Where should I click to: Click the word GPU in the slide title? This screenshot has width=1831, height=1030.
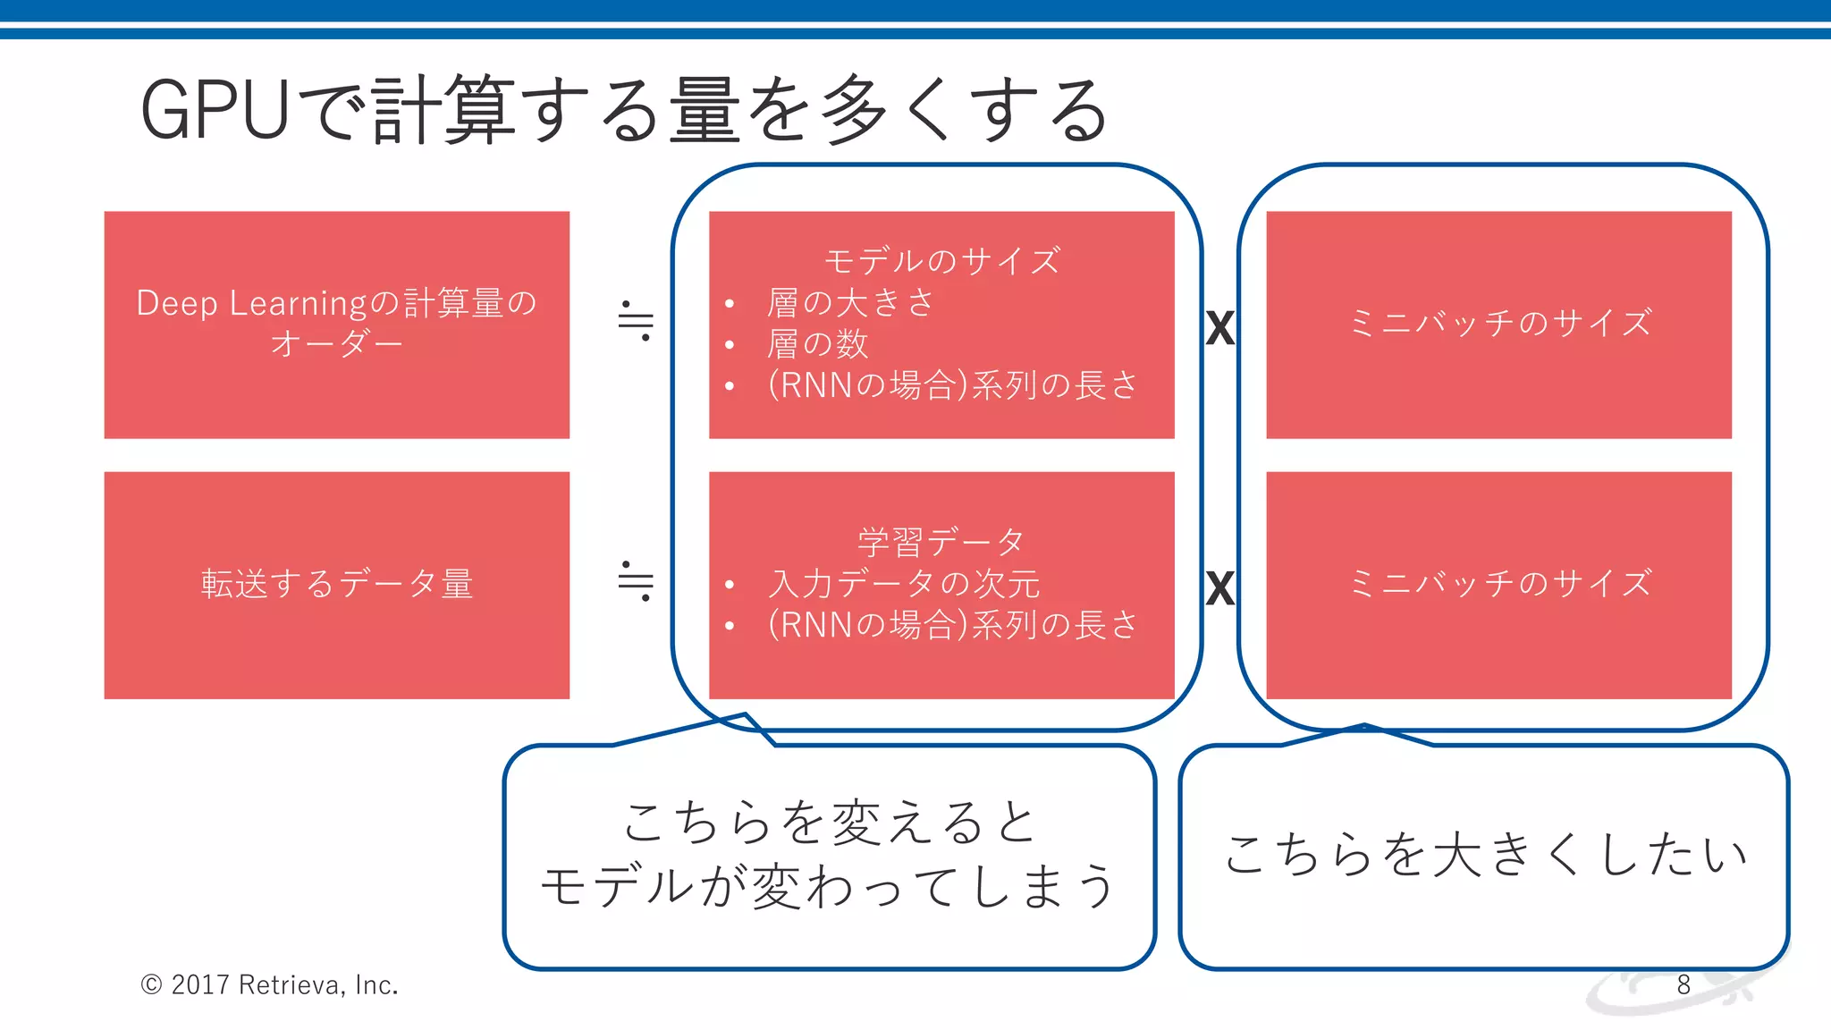[x=215, y=111]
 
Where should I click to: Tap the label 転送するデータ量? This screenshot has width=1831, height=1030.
[x=337, y=584]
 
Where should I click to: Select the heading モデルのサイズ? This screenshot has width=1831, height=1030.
[x=941, y=261]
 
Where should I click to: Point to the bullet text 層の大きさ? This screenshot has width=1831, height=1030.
[x=850, y=303]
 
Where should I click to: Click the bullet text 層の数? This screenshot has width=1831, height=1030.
[x=817, y=344]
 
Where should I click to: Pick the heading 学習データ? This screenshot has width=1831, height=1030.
[x=941, y=542]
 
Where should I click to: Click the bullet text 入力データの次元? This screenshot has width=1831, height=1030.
[x=904, y=584]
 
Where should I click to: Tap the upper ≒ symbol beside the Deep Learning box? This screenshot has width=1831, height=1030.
[x=636, y=321]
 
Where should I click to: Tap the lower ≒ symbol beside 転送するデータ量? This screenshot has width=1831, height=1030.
[x=636, y=581]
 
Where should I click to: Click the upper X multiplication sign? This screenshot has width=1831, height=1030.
[x=1220, y=328]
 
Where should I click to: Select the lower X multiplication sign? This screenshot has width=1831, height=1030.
[x=1220, y=588]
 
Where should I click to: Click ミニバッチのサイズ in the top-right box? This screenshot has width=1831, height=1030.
[x=1499, y=323]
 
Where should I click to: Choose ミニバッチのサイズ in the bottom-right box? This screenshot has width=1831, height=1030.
[x=1499, y=584]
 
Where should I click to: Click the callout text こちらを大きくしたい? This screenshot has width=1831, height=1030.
[x=1485, y=854]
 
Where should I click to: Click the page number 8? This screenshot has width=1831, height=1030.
[x=1683, y=984]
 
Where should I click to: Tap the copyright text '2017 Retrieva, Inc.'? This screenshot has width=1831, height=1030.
[x=284, y=984]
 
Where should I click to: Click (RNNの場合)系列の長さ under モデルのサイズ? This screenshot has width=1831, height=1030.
[x=952, y=385]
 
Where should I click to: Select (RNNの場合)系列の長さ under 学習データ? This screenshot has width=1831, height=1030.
[x=952, y=625]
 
